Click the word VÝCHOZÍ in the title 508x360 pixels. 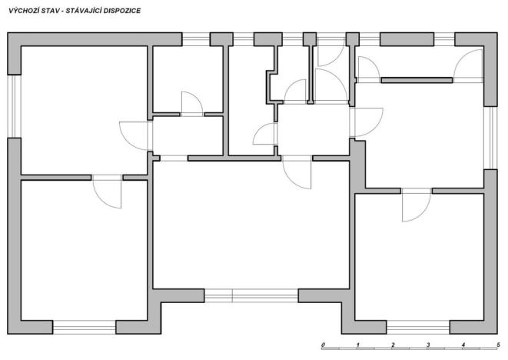pos(22,12)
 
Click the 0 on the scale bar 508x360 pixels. pos(324,343)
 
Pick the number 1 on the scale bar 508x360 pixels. pos(359,343)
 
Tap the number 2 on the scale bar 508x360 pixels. pos(393,343)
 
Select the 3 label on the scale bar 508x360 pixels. pos(428,343)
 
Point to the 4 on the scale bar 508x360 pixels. pos(463,343)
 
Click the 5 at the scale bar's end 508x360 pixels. pos(498,343)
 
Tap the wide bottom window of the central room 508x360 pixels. pos(251,295)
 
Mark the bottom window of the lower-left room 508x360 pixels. pos(84,327)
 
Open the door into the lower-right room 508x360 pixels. pos(416,204)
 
